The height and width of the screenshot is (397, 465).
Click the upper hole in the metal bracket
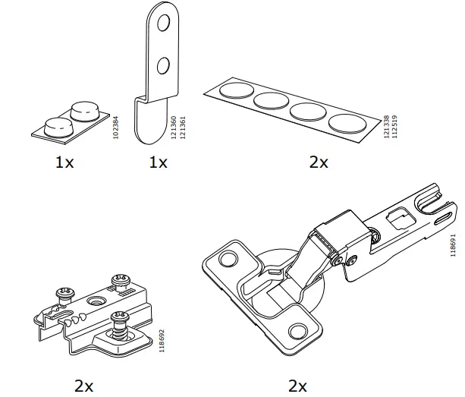[x=162, y=27]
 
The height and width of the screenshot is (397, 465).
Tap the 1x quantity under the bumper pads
[x=65, y=162]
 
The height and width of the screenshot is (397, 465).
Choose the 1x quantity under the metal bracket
[x=159, y=162]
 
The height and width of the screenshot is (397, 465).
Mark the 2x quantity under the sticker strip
[x=319, y=162]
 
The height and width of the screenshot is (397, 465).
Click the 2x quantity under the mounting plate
[x=83, y=386]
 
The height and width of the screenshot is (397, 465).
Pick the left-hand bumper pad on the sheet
[x=57, y=125]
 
